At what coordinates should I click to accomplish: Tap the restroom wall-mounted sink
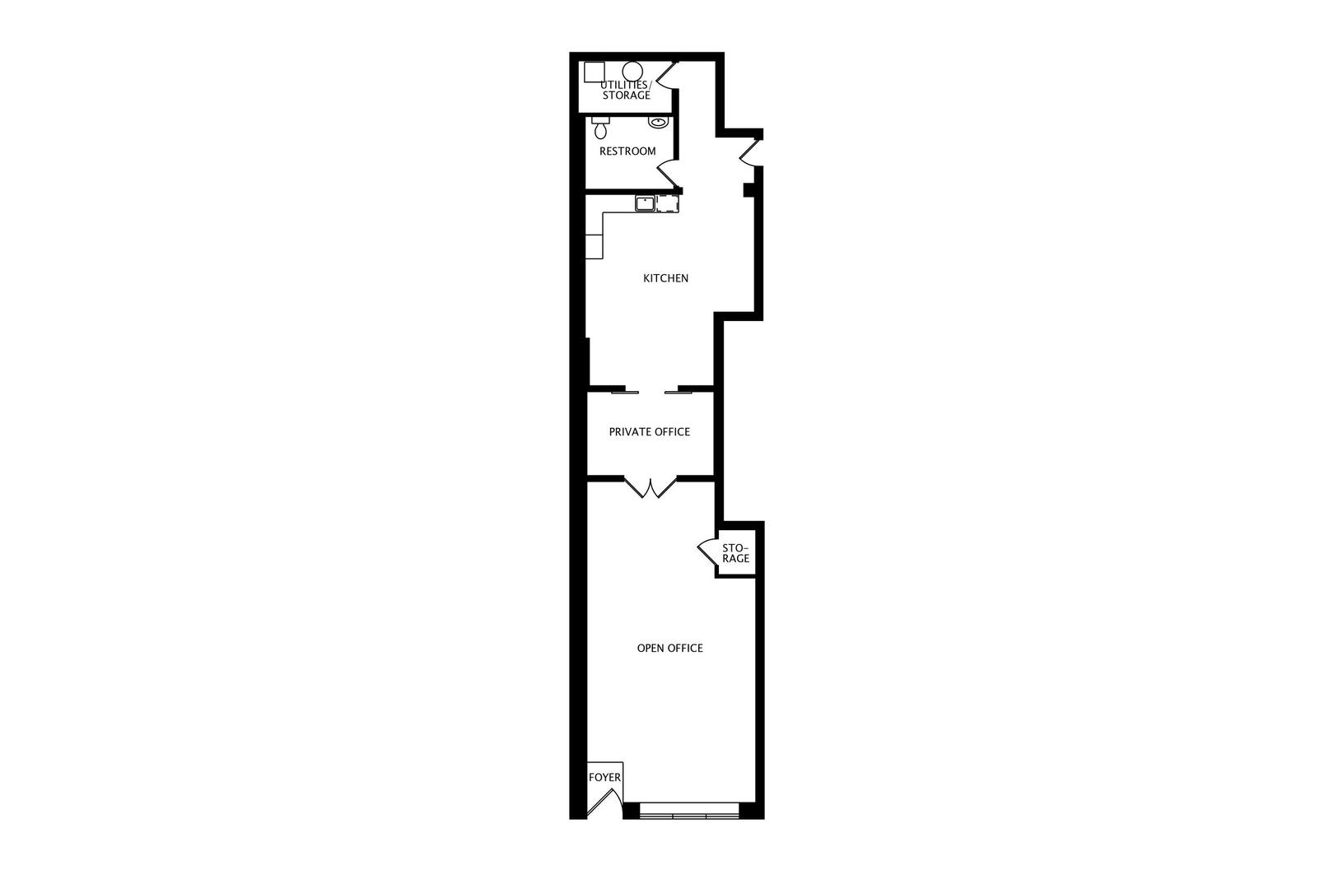coord(657,123)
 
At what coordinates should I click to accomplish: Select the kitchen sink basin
coord(645,202)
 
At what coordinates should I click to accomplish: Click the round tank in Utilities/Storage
coord(632,72)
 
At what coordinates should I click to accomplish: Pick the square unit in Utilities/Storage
coord(594,72)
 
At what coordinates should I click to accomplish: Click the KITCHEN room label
coord(665,278)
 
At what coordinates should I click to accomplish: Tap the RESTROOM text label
coord(627,151)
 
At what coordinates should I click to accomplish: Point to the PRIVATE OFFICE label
coord(649,432)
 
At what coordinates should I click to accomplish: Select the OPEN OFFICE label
coord(669,648)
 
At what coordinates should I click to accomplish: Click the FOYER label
coord(604,777)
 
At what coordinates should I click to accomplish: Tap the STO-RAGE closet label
coord(735,553)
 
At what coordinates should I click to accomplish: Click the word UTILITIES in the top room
coord(624,85)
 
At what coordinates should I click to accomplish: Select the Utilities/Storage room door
coord(666,76)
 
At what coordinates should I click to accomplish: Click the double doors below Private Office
coord(651,489)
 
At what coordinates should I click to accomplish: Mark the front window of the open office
coord(689,815)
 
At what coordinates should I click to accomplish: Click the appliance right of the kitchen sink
coord(668,203)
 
